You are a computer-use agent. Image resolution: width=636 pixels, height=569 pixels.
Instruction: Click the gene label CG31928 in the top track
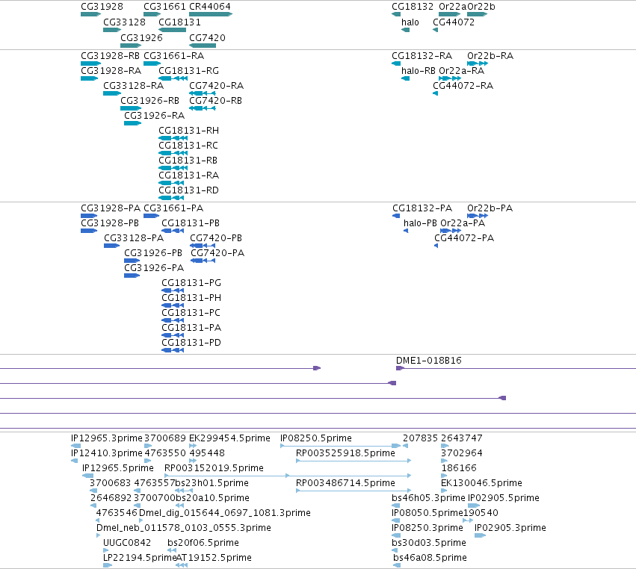(102, 7)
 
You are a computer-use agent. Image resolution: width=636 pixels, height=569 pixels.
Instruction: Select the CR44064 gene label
(210, 7)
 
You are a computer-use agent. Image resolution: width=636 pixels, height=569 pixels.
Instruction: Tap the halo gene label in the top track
(410, 22)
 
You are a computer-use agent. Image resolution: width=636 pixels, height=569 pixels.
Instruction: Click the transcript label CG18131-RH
(188, 131)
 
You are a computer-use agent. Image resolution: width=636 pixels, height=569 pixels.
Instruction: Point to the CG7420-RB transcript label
(215, 101)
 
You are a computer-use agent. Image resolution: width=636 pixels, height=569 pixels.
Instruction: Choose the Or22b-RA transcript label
(490, 55)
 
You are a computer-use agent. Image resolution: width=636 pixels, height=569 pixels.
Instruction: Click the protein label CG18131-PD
(191, 343)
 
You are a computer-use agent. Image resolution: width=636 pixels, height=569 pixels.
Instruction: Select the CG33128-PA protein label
(134, 238)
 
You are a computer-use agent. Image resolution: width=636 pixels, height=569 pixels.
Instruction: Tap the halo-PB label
(420, 223)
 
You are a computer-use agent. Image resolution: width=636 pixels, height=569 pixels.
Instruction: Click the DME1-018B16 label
(429, 360)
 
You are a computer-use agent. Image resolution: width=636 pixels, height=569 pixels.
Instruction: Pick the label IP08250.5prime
(316, 438)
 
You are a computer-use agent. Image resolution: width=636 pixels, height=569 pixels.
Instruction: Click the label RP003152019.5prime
(214, 468)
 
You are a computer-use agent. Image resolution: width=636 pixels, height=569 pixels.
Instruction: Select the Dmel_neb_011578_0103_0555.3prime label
(183, 528)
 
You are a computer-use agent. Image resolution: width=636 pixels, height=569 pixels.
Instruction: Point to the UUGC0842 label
(127, 543)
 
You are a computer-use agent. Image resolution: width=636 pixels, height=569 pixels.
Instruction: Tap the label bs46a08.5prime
(430, 558)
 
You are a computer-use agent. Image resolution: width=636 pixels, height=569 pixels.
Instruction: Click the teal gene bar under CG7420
(203, 46)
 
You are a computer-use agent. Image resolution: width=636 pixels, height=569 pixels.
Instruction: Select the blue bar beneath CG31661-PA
(151, 216)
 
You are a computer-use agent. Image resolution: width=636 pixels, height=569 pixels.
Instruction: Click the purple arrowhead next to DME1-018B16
(400, 368)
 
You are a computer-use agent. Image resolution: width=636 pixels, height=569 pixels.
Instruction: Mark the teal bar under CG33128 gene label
(112, 30)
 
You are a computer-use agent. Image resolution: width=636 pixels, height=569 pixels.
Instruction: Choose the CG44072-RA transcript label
(463, 86)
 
